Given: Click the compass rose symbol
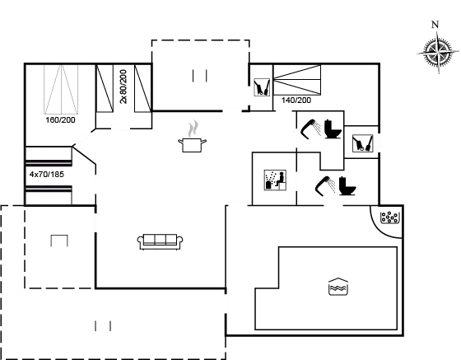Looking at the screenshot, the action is (x=438, y=53).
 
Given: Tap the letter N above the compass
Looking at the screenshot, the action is (x=435, y=25).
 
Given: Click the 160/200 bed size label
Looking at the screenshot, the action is (x=61, y=120).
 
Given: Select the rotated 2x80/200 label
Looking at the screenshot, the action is (x=123, y=86).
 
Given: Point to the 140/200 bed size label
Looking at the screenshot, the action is (x=296, y=101).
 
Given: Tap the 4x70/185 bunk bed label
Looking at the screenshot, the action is (x=47, y=175).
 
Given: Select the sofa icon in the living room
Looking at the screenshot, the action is (x=161, y=242).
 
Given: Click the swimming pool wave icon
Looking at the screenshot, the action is (x=338, y=286).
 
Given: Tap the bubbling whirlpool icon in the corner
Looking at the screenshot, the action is (x=389, y=217).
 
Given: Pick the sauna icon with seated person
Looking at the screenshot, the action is (x=275, y=180).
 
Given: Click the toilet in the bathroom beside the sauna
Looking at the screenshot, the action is (x=347, y=186).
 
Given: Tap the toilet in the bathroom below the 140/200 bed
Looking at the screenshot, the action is (x=333, y=129).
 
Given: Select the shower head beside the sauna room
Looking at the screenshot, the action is (x=325, y=185).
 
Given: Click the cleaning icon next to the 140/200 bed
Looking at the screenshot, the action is (x=262, y=87).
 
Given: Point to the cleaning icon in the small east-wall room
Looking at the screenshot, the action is (x=363, y=143).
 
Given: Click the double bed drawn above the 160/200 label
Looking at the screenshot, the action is (x=61, y=90).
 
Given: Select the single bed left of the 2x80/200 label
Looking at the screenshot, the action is (x=105, y=88).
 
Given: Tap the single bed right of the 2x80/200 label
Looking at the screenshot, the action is (x=143, y=88).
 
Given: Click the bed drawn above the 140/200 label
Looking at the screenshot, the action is (x=297, y=80).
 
